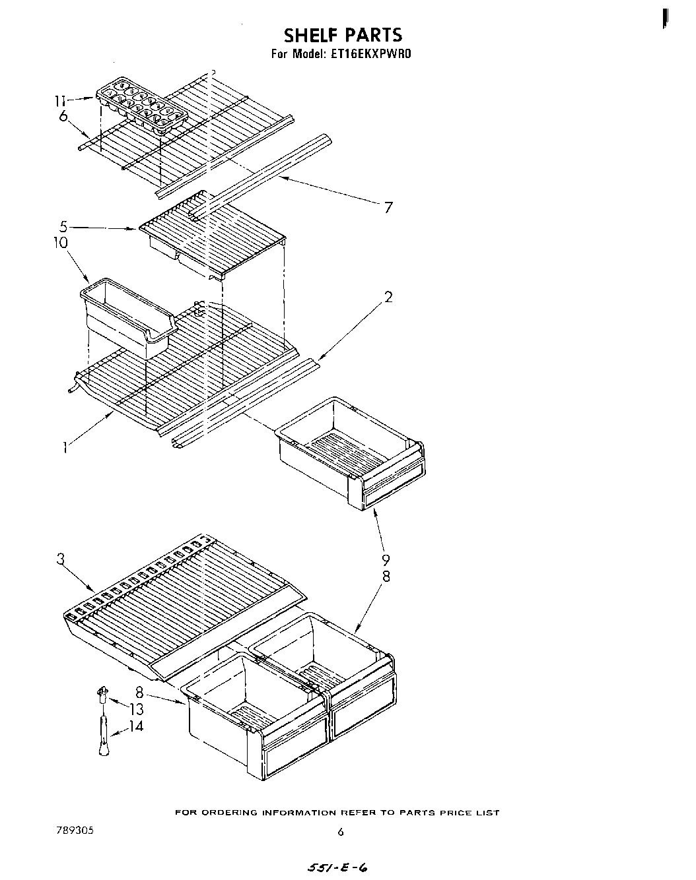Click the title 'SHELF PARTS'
click(342, 35)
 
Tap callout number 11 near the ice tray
click(60, 101)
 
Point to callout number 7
click(388, 208)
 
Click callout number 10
click(61, 243)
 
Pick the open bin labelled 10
click(125, 317)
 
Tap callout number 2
click(388, 297)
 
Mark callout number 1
click(65, 449)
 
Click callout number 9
click(386, 561)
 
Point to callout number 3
click(61, 560)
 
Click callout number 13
click(136, 710)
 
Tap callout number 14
click(136, 726)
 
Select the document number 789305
click(75, 831)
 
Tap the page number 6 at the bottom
click(341, 833)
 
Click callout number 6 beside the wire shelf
click(63, 116)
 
